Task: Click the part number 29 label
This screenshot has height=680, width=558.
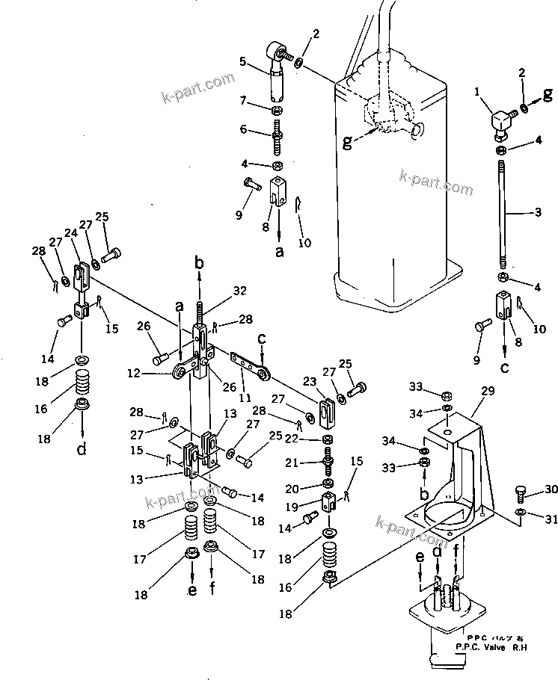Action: [x=488, y=392]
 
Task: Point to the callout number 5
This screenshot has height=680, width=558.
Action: [x=242, y=61]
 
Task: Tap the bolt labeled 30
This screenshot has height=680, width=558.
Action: [x=521, y=492]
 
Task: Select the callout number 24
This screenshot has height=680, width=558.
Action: [x=71, y=233]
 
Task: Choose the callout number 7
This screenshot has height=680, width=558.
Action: [x=243, y=99]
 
